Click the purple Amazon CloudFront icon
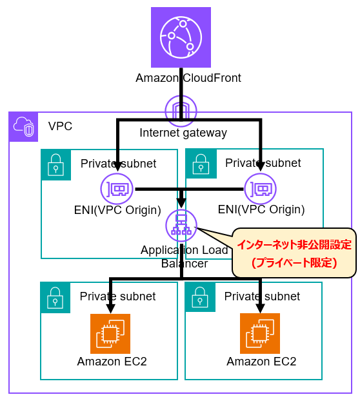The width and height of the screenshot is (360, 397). (181, 37)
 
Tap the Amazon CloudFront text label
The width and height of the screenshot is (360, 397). (188, 78)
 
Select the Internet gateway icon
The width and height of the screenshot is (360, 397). (181, 110)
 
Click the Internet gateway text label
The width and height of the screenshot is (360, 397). (183, 133)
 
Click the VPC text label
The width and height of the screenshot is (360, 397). (60, 126)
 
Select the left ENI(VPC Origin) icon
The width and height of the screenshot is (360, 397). (116, 189)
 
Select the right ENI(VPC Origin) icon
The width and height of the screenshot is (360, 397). (261, 189)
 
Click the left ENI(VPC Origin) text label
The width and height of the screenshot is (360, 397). (117, 209)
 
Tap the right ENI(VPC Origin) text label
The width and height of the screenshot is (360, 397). (261, 209)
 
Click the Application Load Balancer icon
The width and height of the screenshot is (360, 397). (181, 225)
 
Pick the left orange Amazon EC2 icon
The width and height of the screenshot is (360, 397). (110, 334)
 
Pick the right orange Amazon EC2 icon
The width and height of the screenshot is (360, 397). (260, 334)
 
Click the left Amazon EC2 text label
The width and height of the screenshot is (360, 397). (112, 361)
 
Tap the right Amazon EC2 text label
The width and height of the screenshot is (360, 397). (261, 361)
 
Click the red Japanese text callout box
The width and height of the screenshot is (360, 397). (294, 253)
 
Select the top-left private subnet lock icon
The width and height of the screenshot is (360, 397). (56, 164)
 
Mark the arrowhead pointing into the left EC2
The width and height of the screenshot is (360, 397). (111, 309)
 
